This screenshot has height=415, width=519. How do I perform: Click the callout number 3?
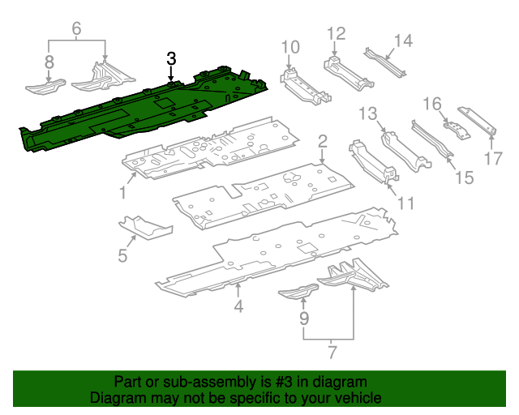click(171, 58)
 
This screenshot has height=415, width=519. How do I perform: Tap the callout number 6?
click(77, 29)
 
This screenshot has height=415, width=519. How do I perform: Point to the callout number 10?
click(290, 47)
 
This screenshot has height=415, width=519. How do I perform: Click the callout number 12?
click(336, 33)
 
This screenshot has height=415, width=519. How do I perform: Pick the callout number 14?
click(403, 41)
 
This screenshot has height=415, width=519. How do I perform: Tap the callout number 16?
click(433, 104)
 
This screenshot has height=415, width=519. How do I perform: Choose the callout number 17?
click(493, 158)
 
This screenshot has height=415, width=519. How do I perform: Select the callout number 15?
click(462, 176)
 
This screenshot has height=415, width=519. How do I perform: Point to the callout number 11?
click(405, 203)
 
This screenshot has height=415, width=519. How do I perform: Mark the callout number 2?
click(322, 142)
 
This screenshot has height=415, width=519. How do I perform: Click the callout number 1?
click(122, 192)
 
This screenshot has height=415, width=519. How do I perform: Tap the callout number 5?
click(122, 255)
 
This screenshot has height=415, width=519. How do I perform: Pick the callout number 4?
click(238, 306)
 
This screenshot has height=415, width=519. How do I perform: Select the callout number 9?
click(304, 319)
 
